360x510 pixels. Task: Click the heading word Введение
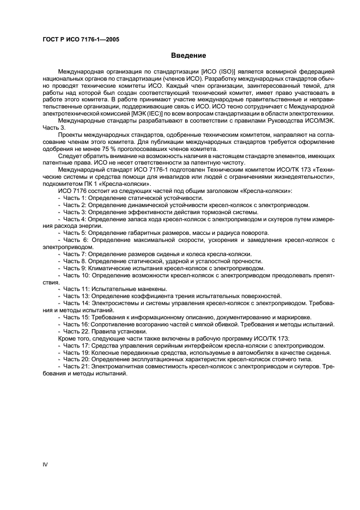pos(188,56)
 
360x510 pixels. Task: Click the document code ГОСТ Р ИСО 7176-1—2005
pos(81,40)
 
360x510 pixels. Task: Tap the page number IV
pos(45,464)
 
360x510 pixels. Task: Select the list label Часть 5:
pos(77,233)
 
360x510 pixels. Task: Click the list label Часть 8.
pos(77,261)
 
